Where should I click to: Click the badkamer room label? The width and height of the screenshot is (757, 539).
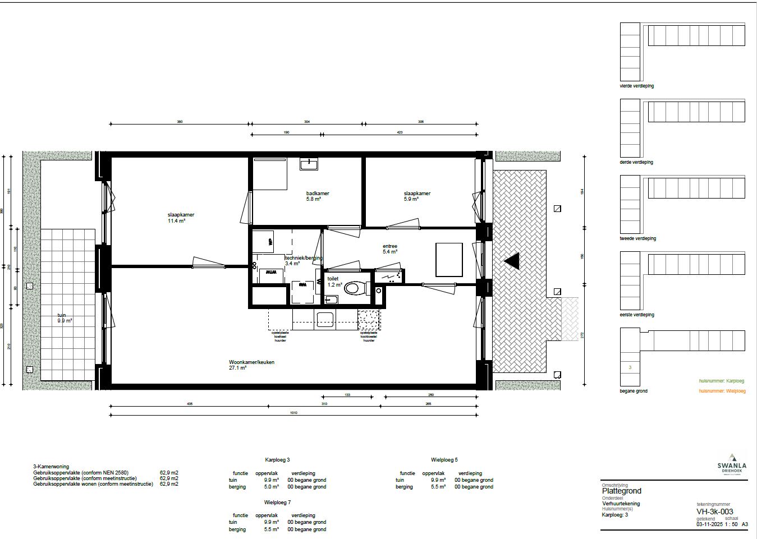318,194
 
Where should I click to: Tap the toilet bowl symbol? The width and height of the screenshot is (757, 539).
352,288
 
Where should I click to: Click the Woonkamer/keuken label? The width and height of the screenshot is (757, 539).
251,362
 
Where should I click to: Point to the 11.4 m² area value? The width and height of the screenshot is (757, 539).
176,221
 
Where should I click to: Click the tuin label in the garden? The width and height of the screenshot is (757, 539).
62,315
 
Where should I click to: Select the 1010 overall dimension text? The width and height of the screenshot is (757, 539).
293,413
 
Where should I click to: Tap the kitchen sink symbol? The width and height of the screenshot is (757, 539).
325,320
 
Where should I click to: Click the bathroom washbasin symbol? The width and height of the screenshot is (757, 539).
309,164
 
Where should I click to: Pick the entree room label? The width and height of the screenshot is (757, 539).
390,246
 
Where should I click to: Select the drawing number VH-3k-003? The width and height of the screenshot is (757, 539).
714,511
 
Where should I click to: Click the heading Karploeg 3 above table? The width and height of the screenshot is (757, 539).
277,460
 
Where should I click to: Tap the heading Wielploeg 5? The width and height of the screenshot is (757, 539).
444,460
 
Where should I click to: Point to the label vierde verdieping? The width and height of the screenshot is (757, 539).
636,86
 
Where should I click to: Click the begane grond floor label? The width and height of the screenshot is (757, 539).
633,391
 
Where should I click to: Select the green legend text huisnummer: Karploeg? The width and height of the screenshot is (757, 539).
721,381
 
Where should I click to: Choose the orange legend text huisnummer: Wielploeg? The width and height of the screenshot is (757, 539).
722,391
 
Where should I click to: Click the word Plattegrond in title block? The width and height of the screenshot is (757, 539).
621,491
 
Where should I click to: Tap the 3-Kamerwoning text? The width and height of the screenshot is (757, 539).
51,467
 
